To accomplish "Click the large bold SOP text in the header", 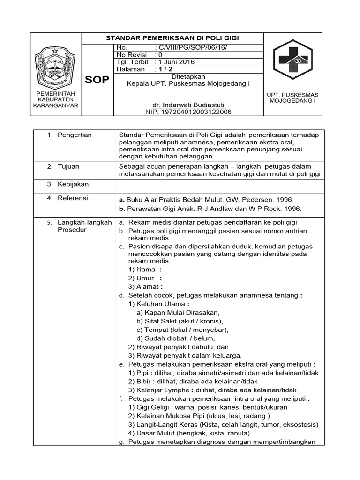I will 97,80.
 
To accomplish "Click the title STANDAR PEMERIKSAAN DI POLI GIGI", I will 172,38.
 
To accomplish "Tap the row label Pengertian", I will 75,135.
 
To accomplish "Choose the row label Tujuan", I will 68,166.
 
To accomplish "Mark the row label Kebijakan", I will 73,184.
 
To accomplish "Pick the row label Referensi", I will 73,198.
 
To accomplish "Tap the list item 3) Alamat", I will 145,286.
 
